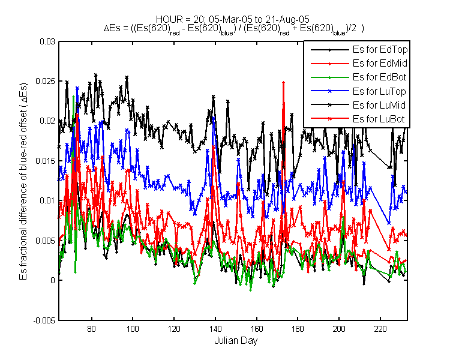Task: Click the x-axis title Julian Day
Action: (x=236, y=341)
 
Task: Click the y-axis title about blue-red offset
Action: (x=23, y=182)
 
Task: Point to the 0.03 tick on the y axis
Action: (x=47, y=41)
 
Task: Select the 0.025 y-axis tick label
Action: (x=45, y=81)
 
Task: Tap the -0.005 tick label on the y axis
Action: (x=44, y=320)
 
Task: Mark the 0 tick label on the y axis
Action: (x=53, y=280)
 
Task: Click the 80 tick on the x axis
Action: (x=92, y=329)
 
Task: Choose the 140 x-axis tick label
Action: (x=215, y=329)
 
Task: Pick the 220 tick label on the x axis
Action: (x=380, y=329)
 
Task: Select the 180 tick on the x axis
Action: (x=298, y=329)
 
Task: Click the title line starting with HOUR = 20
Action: (x=233, y=19)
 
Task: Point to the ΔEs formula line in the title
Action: (x=234, y=29)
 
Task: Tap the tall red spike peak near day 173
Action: (x=284, y=82)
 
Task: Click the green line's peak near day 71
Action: (x=74, y=97)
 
